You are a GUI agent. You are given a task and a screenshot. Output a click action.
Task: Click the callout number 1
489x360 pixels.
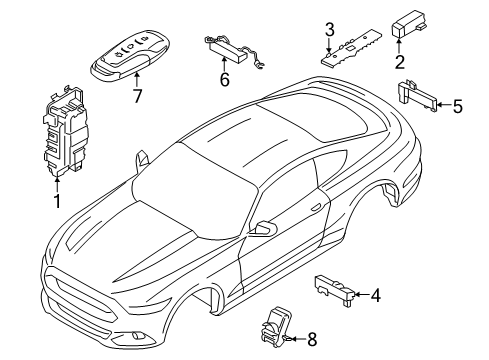[58, 201]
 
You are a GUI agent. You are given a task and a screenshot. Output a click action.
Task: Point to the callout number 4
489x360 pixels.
[375, 295]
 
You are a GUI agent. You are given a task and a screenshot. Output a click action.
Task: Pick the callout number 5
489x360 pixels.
[458, 103]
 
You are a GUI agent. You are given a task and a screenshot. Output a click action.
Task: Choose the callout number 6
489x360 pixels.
[224, 79]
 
